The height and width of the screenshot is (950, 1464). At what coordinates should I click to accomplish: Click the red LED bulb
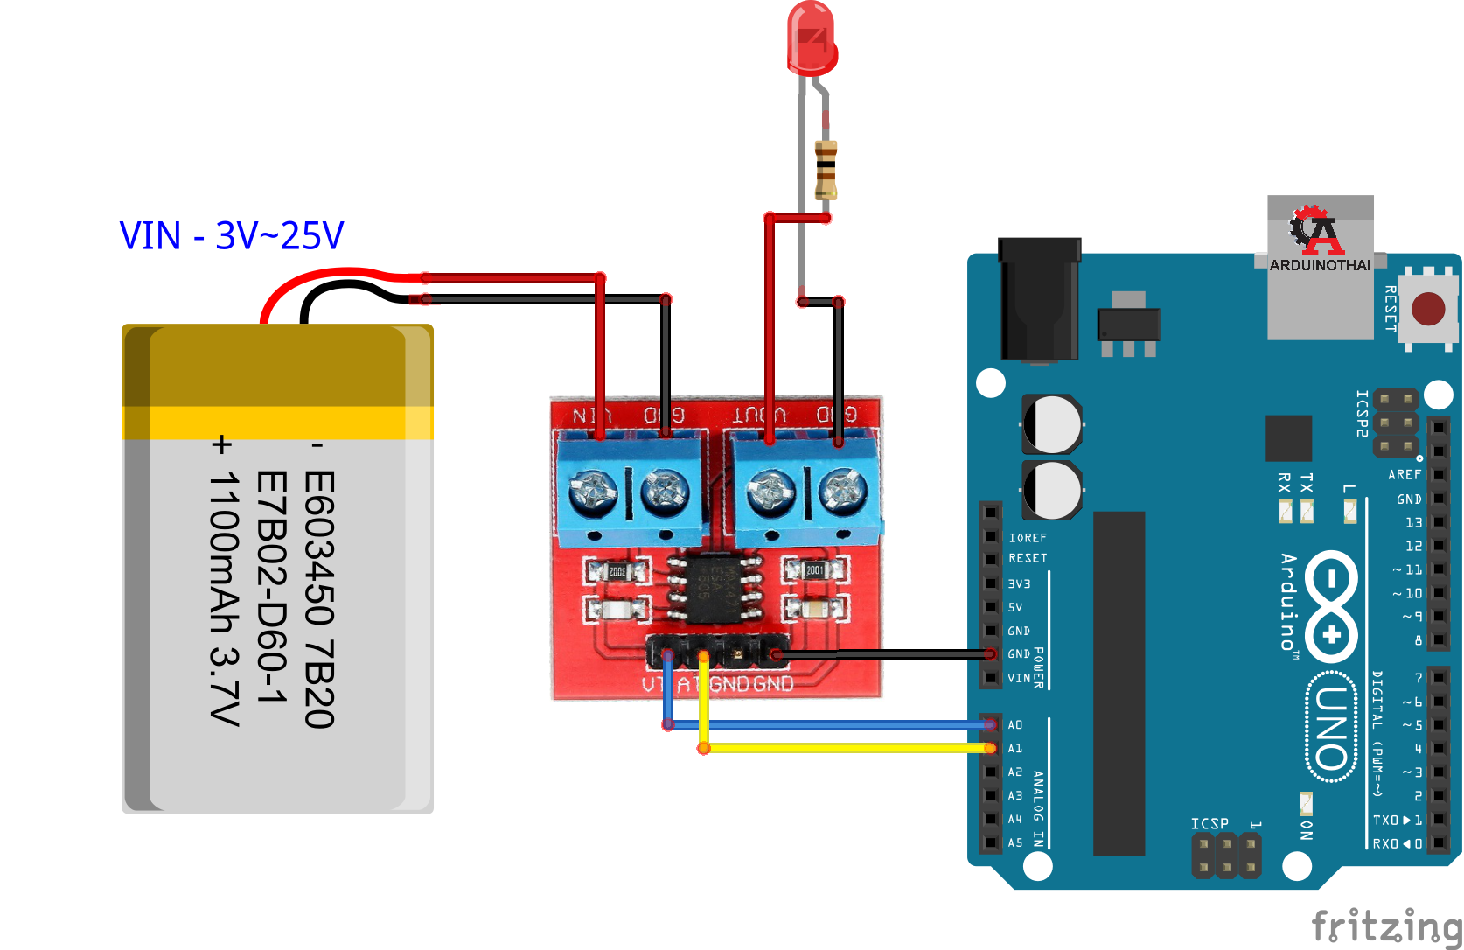[812, 39]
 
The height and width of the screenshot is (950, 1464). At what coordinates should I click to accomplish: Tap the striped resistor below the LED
[826, 170]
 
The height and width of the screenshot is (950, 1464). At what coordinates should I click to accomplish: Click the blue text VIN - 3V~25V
[232, 235]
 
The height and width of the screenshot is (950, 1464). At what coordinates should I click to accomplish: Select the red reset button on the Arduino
[1428, 309]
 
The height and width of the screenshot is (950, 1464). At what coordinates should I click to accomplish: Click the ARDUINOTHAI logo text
[1320, 265]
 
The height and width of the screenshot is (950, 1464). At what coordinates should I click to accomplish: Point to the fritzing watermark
[1386, 926]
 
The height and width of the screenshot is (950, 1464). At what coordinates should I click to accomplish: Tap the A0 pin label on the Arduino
[1015, 725]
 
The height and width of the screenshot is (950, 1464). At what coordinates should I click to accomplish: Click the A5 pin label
[1015, 843]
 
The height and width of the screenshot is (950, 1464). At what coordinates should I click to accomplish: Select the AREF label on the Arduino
[1405, 475]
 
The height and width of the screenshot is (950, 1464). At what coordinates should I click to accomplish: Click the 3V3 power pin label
[1020, 583]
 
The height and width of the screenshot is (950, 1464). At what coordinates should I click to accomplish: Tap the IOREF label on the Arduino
[1028, 538]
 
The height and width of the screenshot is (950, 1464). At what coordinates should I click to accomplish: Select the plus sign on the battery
[222, 445]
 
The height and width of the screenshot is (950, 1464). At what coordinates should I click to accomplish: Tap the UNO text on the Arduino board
[1331, 725]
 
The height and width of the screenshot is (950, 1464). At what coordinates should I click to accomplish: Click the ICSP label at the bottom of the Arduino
[1210, 824]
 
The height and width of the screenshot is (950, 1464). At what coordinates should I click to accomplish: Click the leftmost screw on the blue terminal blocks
[593, 492]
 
